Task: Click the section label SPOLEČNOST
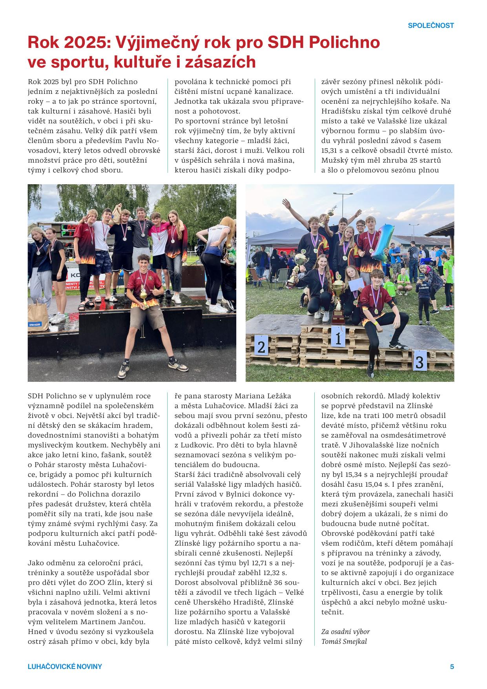click(x=430, y=26)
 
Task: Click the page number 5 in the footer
click(x=452, y=667)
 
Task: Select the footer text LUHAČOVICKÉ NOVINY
click(x=65, y=667)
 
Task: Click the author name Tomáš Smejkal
click(x=345, y=641)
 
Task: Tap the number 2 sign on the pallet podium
click(x=261, y=346)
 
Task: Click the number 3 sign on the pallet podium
click(x=420, y=361)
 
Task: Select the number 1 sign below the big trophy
click(x=338, y=337)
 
